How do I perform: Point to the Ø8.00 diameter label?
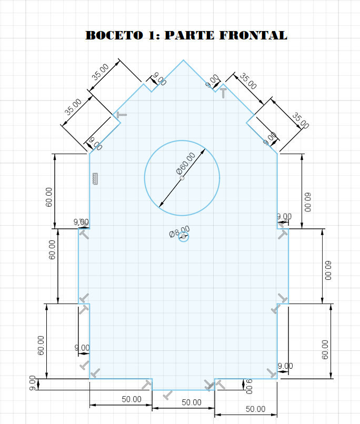pos(178,232)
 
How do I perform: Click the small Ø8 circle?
pos(183,238)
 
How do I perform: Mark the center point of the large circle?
pos(182,178)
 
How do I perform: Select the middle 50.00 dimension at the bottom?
pos(192,402)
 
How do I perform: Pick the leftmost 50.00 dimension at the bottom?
pos(132,399)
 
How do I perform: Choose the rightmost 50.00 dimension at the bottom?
pos(255,409)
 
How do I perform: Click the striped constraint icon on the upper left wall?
pos(95,178)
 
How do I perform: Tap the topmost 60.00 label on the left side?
pos(49,197)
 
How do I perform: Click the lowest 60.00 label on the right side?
pos(325,349)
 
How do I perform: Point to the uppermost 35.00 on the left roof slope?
pos(100,72)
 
